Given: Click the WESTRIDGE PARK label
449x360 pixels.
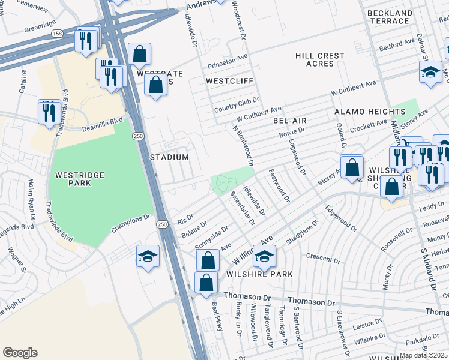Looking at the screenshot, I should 80,180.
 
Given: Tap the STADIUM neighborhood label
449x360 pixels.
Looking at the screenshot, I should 169,157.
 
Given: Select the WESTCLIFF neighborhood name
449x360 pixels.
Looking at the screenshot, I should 230,80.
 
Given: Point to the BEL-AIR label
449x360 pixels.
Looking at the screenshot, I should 290,121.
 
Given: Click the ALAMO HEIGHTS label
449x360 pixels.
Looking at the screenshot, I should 369,112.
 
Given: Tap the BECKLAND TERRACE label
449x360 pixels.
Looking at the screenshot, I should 390,17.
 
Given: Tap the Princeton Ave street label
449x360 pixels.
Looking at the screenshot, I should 228,62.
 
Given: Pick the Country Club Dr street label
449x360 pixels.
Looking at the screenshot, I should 236,104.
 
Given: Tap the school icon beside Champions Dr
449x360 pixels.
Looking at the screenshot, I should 148,256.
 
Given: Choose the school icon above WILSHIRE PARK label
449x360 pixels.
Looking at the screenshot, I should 264,256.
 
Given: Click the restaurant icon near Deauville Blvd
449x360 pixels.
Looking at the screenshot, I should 49,112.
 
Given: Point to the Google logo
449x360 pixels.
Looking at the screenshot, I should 20,353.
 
